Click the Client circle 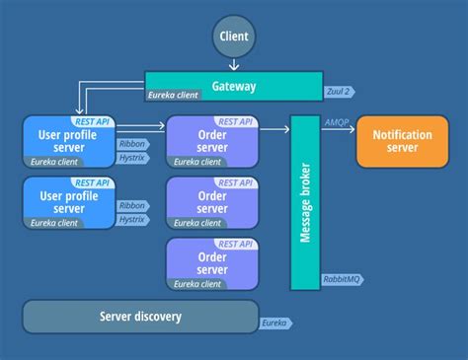(234, 36)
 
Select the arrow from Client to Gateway (234, 64)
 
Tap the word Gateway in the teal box (234, 86)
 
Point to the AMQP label (337, 122)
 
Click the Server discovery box (140, 317)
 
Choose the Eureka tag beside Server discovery (274, 323)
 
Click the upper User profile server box (69, 141)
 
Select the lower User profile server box (69, 203)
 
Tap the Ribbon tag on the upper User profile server (132, 142)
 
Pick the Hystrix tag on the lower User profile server (132, 219)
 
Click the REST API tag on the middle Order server (235, 183)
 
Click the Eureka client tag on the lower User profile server (53, 223)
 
